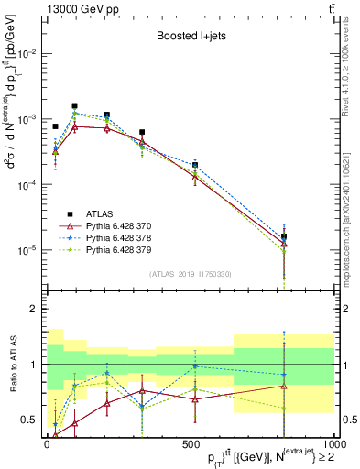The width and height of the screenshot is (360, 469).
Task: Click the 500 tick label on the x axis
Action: click(x=191, y=442)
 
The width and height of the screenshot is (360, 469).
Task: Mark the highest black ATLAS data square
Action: click(x=74, y=106)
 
